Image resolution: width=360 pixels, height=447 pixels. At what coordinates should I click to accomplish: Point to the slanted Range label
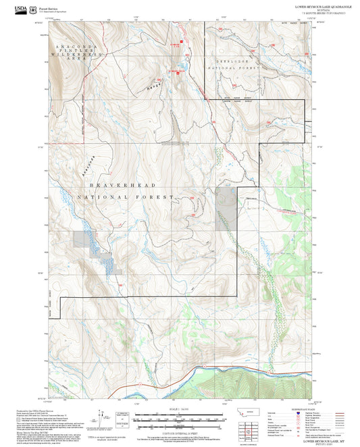pyautogui.click(x=154, y=85)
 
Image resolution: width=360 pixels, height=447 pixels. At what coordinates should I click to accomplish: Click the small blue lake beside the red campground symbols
pyautogui.click(x=180, y=65)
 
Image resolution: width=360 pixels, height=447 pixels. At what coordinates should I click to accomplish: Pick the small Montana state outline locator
pyautogui.click(x=254, y=413)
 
